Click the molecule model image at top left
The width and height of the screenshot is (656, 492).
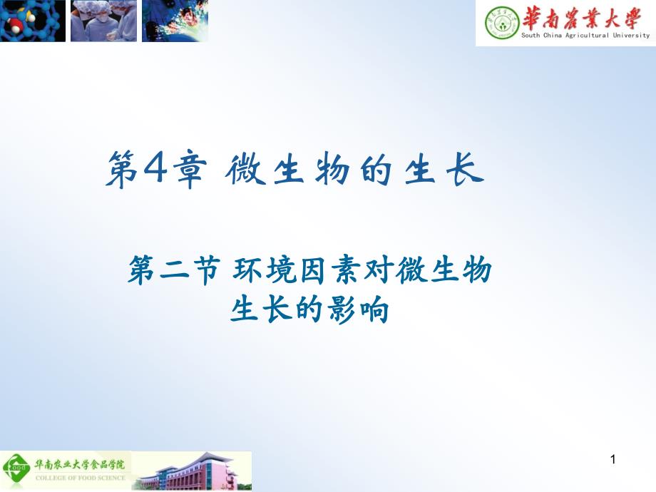(33, 21)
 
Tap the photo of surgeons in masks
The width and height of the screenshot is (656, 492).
(104, 21)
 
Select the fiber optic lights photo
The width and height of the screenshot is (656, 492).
(175, 21)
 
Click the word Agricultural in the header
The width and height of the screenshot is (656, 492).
(584, 35)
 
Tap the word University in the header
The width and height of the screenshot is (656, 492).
(631, 35)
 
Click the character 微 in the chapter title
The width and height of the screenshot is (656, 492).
(247, 172)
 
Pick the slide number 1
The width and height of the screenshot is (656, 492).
(612, 461)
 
